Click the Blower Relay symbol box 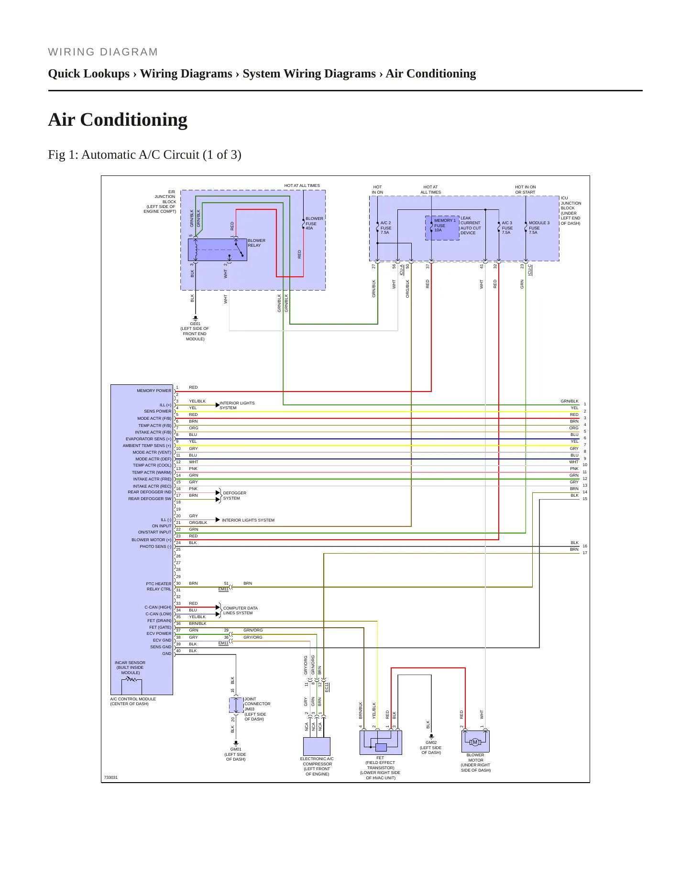click(x=218, y=250)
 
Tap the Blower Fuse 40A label click(x=314, y=223)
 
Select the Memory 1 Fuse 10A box click(x=442, y=228)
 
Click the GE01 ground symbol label click(x=195, y=324)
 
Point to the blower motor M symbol click(x=475, y=742)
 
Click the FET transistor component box click(x=381, y=742)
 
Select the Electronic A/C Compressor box click(x=317, y=746)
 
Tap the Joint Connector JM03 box click(x=236, y=705)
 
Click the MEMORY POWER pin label click(x=154, y=391)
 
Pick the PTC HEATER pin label click(x=158, y=584)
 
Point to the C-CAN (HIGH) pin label click(x=158, y=607)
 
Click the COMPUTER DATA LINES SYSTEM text click(x=240, y=611)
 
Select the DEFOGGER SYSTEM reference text click(x=234, y=495)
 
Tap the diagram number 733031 click(x=111, y=777)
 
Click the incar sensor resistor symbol click(x=132, y=679)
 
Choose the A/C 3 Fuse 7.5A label click(x=507, y=228)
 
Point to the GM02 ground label click(x=431, y=742)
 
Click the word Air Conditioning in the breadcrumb click(x=431, y=74)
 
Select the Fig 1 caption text click(x=144, y=154)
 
